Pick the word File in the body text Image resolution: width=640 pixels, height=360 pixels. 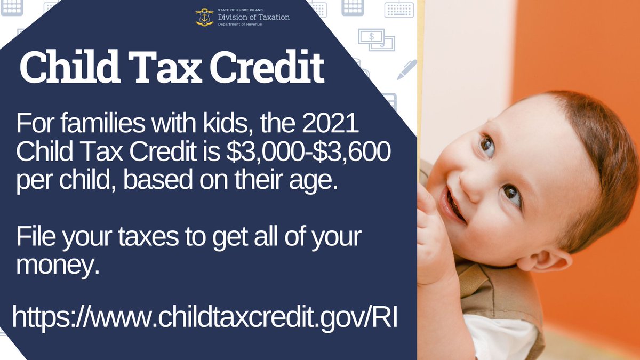(x=35, y=237)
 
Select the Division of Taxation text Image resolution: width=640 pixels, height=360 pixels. (x=253, y=17)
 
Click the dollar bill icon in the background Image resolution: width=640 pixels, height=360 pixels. (x=376, y=41)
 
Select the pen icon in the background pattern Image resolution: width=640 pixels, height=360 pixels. (x=406, y=69)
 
